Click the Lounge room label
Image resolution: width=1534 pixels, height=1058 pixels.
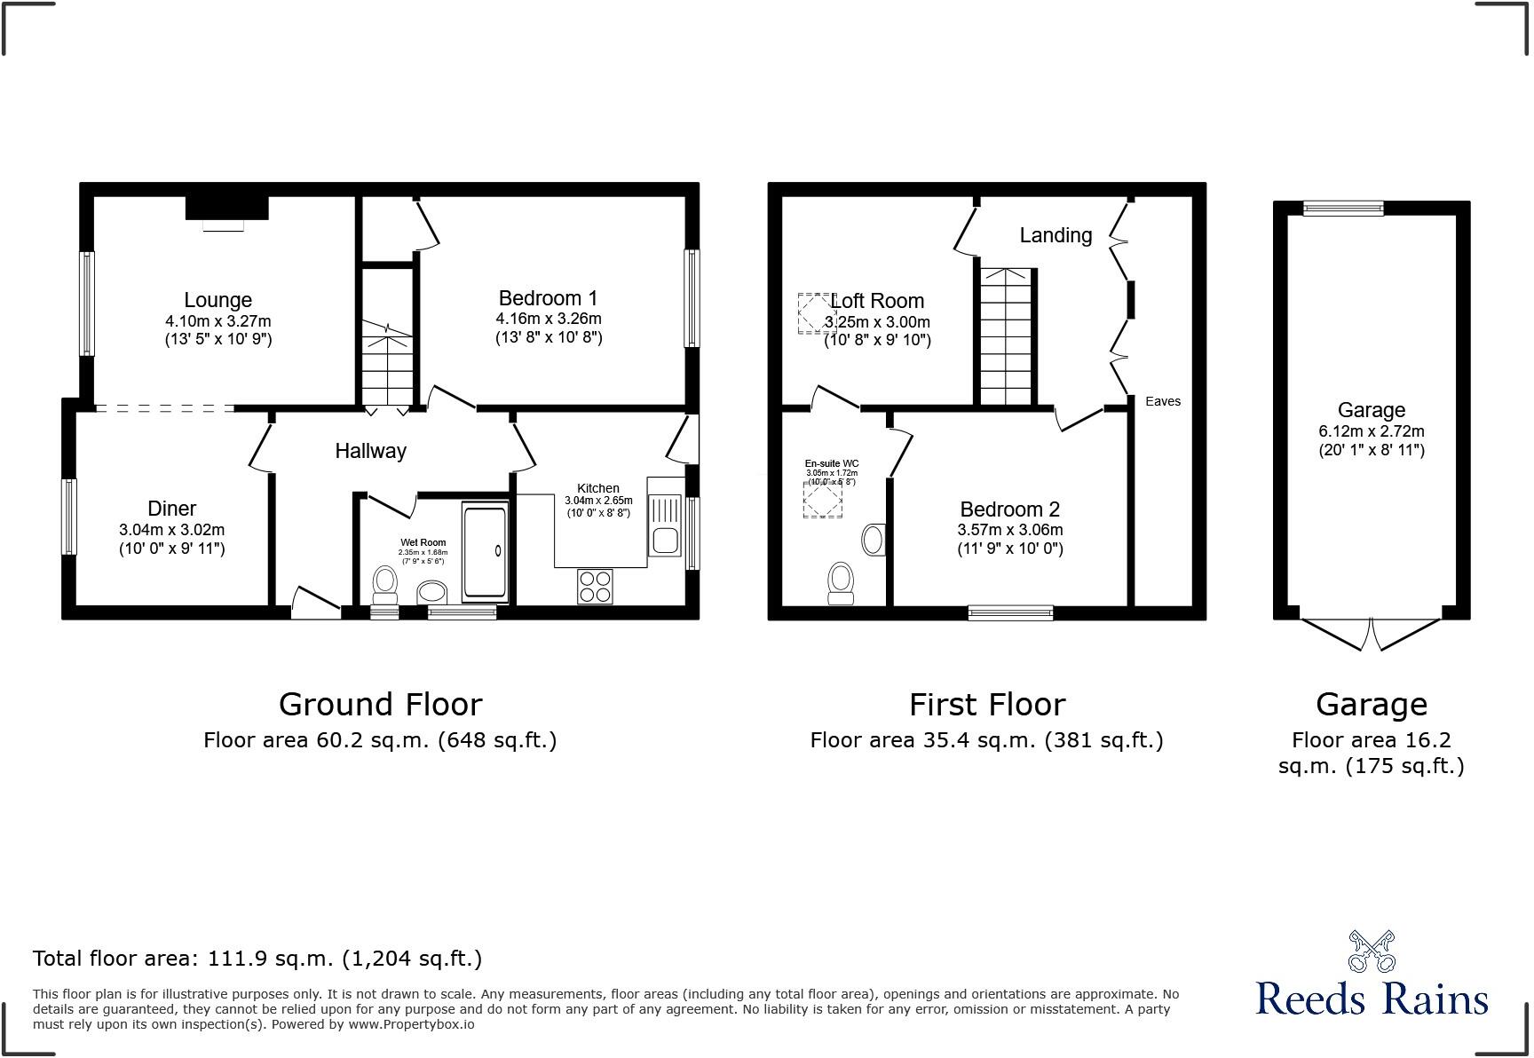point(217,300)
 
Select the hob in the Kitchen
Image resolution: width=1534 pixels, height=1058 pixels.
point(595,586)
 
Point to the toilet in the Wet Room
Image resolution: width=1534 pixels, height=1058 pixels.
point(385,582)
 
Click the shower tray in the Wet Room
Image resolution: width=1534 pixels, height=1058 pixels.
point(485,551)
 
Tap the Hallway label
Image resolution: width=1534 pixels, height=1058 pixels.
point(370,451)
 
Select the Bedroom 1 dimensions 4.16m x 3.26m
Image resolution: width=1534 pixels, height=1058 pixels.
point(548,319)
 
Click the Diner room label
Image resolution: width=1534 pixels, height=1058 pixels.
point(171,509)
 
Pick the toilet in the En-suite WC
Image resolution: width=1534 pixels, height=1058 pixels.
point(840,582)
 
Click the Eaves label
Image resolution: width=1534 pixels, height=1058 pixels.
point(1162,401)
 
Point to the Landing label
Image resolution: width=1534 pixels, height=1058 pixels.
point(1055,235)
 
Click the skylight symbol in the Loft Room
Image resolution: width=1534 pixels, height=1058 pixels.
point(814,312)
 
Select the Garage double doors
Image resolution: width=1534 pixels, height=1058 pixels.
point(1371,633)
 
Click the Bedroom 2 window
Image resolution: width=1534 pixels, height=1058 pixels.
point(1010,612)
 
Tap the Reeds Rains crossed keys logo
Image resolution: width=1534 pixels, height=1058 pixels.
point(1371,951)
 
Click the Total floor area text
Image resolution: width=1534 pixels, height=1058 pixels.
point(257,959)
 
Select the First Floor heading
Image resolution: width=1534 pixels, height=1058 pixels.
point(986,705)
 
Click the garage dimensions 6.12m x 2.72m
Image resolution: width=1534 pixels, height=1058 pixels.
point(1371,431)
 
